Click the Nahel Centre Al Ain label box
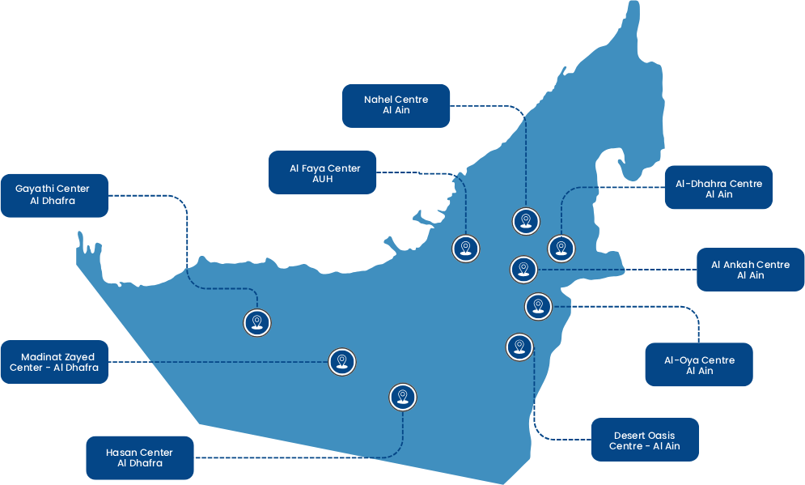pyautogui.click(x=396, y=105)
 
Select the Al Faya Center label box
pyautogui.click(x=323, y=172)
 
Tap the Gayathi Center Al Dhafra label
pyautogui.click(x=53, y=195)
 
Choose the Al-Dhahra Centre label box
pyautogui.click(x=718, y=189)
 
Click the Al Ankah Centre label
pyautogui.click(x=750, y=270)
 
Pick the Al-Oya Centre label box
pyautogui.click(x=699, y=365)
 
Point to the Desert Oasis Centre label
pyautogui.click(x=644, y=440)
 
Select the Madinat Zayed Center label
pyautogui.click(x=54, y=362)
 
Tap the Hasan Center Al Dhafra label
pyautogui.click(x=139, y=458)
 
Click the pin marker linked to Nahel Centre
pyautogui.click(x=526, y=220)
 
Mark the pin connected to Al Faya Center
pyautogui.click(x=464, y=249)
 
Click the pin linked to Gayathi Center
pyautogui.click(x=256, y=322)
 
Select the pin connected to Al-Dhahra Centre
pyautogui.click(x=561, y=248)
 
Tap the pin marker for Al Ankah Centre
pyautogui.click(x=523, y=269)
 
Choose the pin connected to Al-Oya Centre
pyautogui.click(x=538, y=306)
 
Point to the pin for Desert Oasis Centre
pyautogui.click(x=519, y=347)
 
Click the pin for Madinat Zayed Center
pyautogui.click(x=341, y=361)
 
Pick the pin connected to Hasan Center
pyautogui.click(x=402, y=397)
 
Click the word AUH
pyautogui.click(x=323, y=179)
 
